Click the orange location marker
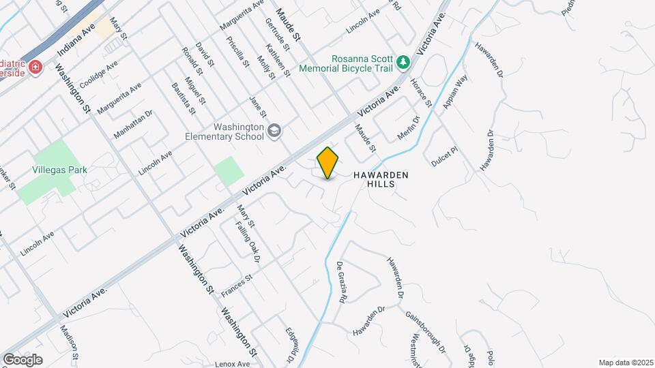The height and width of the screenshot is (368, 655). pos(328,162)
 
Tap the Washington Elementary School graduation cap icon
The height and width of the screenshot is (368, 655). pos(274,131)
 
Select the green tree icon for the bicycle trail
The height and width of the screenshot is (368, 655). pos(404,63)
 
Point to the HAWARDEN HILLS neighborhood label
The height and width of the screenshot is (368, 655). pos(381,179)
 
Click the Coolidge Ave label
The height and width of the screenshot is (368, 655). pos(99,74)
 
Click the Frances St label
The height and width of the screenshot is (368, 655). pos(237,286)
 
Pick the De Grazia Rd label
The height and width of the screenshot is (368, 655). pos(343,283)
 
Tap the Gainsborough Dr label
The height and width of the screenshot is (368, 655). pos(425,333)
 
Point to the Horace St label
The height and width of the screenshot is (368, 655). pos(420,93)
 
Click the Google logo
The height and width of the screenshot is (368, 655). pos(23,359)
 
